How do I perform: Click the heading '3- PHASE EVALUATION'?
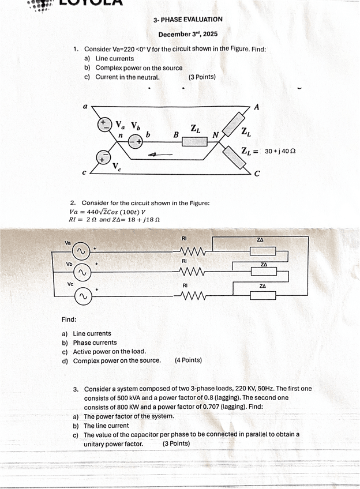click(x=188, y=20)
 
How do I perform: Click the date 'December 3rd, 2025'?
click(x=188, y=35)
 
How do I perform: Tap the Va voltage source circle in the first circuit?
click(x=104, y=125)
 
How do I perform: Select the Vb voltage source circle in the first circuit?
click(x=136, y=141)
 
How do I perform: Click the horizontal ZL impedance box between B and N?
click(x=194, y=140)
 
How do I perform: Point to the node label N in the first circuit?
click(x=215, y=136)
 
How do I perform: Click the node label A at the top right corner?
click(x=256, y=108)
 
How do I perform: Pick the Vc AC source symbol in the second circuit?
click(x=82, y=296)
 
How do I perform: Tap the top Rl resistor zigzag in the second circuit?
click(x=192, y=251)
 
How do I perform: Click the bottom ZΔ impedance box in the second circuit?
click(x=262, y=296)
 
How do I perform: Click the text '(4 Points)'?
click(x=188, y=360)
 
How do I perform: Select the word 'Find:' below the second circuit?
click(x=69, y=319)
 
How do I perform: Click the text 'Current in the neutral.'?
click(x=127, y=77)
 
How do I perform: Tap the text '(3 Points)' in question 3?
click(x=176, y=443)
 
